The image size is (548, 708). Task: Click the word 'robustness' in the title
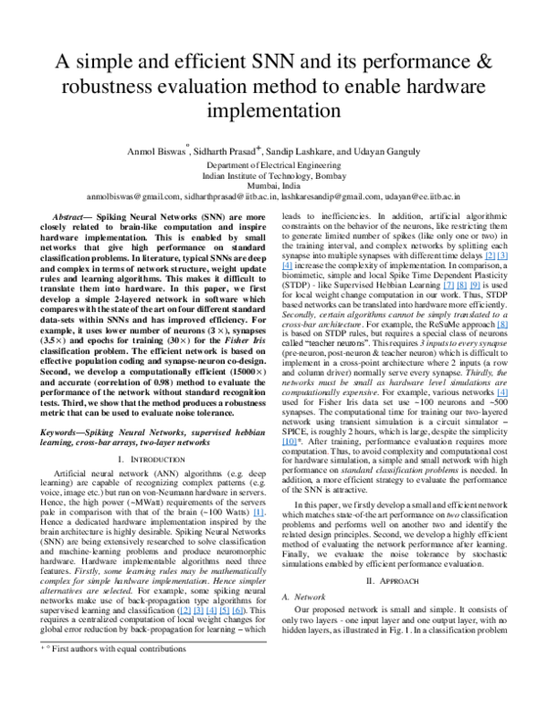point(114,88)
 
